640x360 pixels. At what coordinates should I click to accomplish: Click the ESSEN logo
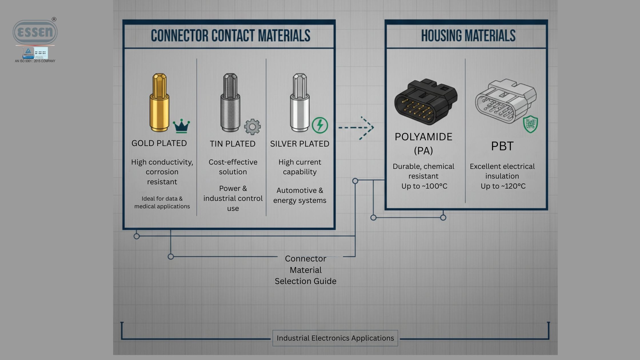35,32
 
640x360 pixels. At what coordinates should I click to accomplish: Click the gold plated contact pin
159,103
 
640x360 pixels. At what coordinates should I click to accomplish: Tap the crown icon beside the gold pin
181,126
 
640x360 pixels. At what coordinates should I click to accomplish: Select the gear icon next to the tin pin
252,127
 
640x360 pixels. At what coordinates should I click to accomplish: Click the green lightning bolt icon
320,125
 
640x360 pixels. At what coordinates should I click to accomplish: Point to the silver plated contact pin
299,103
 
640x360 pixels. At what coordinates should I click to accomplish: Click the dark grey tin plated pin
230,103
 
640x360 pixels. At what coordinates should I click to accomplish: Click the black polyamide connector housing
425,101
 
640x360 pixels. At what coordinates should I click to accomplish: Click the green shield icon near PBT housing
530,124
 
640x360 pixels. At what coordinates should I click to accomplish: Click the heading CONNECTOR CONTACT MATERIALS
230,36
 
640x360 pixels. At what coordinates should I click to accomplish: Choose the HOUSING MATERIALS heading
468,36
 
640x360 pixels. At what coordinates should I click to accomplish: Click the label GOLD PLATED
159,143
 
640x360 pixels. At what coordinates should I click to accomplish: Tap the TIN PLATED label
233,144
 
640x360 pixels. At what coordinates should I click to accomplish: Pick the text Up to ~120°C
503,186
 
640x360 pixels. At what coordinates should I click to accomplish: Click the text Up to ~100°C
424,186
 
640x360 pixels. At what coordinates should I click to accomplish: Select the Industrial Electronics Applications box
335,338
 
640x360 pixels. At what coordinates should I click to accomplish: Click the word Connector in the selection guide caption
305,259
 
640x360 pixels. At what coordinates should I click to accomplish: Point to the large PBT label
502,146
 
